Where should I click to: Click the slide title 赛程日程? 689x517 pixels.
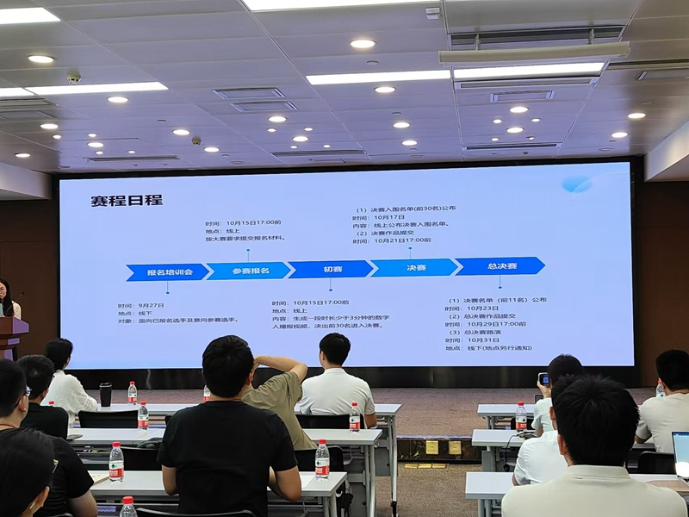[127, 201]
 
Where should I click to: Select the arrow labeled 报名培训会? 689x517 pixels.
[167, 272]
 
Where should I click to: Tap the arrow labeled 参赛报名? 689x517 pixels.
[249, 271]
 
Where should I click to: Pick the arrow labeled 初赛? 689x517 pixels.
[332, 269]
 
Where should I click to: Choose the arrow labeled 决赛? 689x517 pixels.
[416, 267]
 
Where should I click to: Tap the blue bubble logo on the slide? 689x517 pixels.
[576, 184]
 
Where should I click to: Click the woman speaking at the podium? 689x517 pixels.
[7, 301]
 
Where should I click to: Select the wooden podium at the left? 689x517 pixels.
[11, 336]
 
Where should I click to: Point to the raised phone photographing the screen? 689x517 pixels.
[543, 379]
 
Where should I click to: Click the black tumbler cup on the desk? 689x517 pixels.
[105, 394]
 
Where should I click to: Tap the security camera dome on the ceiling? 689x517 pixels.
[74, 78]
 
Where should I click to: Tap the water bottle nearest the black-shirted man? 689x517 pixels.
[322, 459]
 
